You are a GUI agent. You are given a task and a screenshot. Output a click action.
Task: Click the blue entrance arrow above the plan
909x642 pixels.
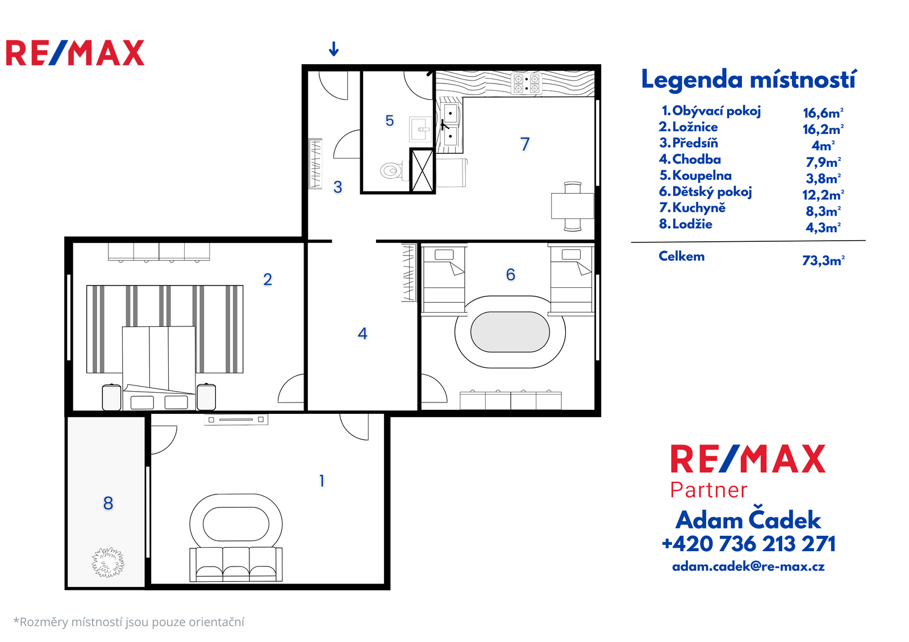pyautogui.click(x=333, y=49)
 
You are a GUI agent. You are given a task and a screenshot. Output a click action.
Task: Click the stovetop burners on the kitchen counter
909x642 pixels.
pyautogui.click(x=526, y=83)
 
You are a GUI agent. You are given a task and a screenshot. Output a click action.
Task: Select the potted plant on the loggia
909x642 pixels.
pyautogui.click(x=108, y=562)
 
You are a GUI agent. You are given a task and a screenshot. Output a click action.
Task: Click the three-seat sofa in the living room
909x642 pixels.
pyautogui.click(x=236, y=564)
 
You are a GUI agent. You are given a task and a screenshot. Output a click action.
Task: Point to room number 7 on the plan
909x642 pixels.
pyautogui.click(x=525, y=144)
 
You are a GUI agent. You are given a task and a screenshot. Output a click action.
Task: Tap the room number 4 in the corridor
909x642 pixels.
pyautogui.click(x=362, y=333)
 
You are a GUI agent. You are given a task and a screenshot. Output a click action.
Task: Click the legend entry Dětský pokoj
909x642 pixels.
pyautogui.click(x=705, y=191)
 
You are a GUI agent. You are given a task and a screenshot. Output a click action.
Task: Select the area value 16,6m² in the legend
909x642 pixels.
pyautogui.click(x=823, y=113)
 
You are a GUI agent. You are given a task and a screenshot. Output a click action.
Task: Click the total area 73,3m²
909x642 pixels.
pyautogui.click(x=823, y=260)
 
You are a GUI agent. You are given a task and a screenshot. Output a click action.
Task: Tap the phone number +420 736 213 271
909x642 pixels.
pyautogui.click(x=748, y=544)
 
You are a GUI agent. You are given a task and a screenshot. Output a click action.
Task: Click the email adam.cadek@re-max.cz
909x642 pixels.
pyautogui.click(x=748, y=567)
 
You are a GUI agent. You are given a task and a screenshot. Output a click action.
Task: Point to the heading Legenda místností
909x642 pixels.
pyautogui.click(x=749, y=79)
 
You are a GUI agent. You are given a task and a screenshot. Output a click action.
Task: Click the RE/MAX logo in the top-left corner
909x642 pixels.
pyautogui.click(x=75, y=53)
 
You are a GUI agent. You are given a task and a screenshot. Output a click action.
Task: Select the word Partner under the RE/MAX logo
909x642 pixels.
pyautogui.click(x=708, y=490)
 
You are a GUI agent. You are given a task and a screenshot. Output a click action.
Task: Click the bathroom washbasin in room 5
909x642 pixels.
pyautogui.click(x=420, y=129)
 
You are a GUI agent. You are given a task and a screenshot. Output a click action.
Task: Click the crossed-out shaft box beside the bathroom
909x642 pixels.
pyautogui.click(x=422, y=170)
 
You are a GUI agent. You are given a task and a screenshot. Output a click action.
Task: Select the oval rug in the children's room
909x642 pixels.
pyautogui.click(x=510, y=332)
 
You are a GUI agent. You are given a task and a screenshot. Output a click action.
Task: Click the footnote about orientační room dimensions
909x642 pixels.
pyautogui.click(x=129, y=622)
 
